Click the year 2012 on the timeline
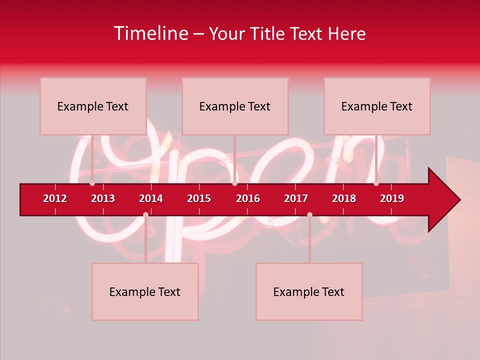[x=55, y=198]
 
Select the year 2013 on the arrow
[x=103, y=198]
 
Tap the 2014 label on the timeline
[x=151, y=198]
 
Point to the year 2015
[x=199, y=198]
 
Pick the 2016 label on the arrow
[x=248, y=198]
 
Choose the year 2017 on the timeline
[x=296, y=198]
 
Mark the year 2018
[x=344, y=198]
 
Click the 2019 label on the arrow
[x=392, y=198]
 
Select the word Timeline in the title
[x=150, y=33]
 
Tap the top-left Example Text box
[x=93, y=106]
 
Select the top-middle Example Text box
[x=235, y=106]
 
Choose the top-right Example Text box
[x=377, y=106]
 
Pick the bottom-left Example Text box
[x=145, y=291]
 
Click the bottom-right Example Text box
[x=309, y=291]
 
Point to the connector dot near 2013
[x=92, y=183]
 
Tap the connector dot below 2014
[x=145, y=214]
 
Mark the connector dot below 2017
[x=309, y=214]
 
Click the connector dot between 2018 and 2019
[x=376, y=183]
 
